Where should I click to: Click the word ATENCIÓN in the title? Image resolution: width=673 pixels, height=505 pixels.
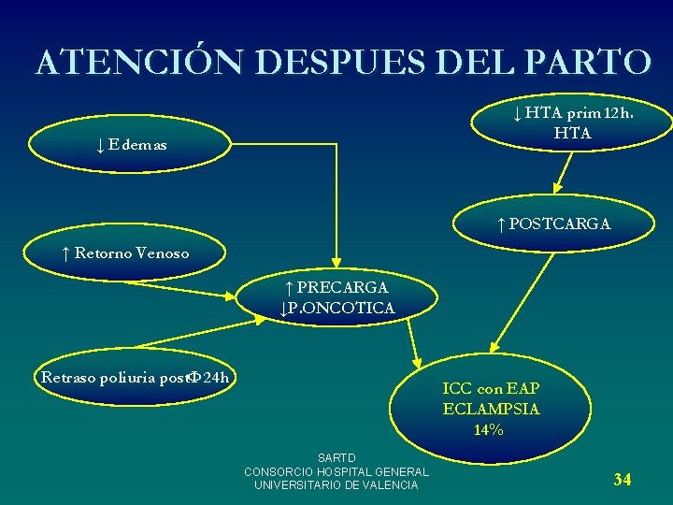(140, 62)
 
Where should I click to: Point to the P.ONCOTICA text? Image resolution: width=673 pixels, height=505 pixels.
(337, 308)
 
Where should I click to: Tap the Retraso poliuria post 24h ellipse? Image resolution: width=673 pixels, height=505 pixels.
(135, 378)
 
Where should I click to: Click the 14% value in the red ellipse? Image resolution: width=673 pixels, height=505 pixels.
(488, 430)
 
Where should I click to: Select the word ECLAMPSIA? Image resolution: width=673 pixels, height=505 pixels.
(491, 409)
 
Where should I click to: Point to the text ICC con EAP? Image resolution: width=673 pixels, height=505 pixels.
(491, 387)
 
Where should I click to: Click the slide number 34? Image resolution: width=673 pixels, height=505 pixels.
(623, 480)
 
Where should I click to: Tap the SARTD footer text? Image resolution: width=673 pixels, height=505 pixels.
(336, 458)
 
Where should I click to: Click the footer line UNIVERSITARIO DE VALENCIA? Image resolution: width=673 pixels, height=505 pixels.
(336, 485)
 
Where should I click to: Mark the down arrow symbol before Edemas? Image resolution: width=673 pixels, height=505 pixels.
(98, 145)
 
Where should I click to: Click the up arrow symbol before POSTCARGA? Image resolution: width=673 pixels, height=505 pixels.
(501, 224)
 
